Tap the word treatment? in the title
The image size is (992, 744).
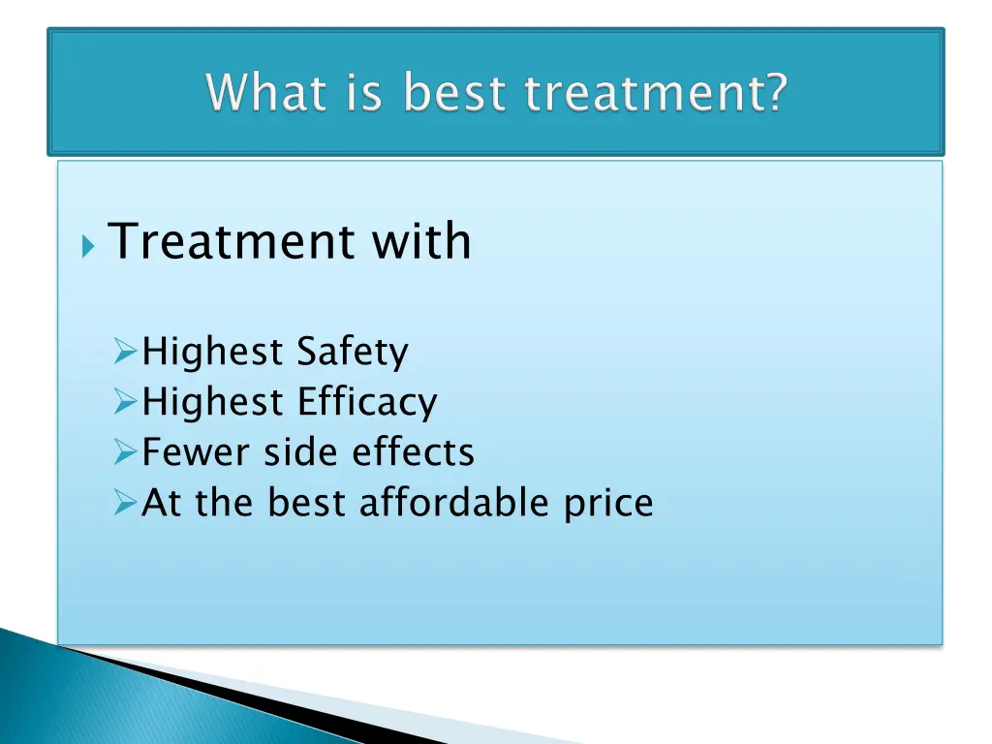(656, 94)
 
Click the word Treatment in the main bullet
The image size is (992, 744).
(232, 241)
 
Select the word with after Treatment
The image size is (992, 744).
(421, 241)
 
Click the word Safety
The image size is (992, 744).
(353, 353)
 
